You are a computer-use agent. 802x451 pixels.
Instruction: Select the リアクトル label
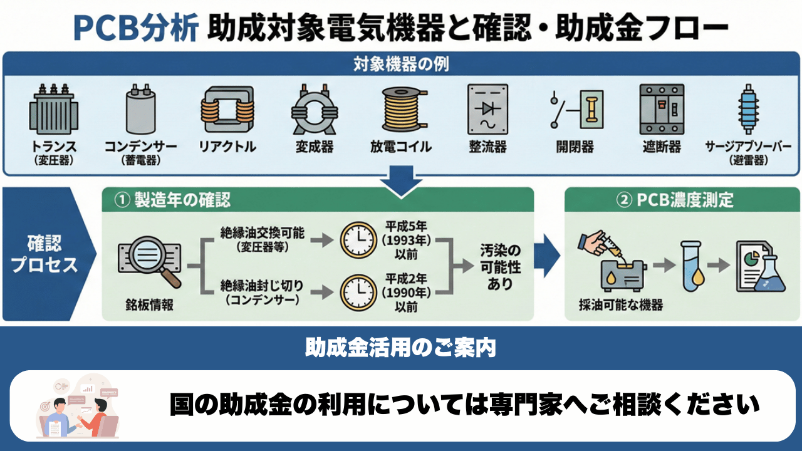[227, 147]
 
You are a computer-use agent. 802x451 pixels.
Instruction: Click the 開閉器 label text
[575, 147]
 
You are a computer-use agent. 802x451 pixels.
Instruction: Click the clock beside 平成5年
[358, 241]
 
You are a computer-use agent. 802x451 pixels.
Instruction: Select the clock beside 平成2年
[358, 291]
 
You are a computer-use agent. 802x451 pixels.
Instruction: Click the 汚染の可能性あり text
[501, 267]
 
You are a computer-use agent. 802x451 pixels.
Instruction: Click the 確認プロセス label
[44, 254]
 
